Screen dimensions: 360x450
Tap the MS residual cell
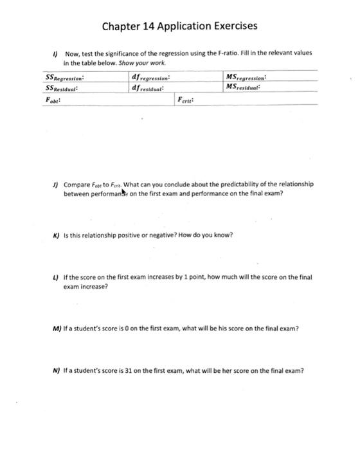coord(248,87)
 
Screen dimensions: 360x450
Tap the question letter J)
coord(56,184)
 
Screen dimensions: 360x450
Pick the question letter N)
coord(57,371)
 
